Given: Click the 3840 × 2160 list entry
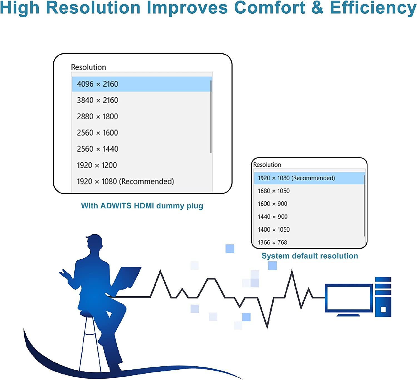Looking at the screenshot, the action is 97,100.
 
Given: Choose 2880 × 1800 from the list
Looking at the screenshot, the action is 97,117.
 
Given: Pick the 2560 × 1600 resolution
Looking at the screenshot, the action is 97,133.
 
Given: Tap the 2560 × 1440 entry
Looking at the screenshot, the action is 97,149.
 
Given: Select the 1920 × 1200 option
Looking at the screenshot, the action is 97,165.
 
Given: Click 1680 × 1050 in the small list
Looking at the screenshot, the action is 274,191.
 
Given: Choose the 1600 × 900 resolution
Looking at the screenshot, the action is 272,204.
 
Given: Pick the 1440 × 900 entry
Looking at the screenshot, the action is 272,217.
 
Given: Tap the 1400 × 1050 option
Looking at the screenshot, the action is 274,230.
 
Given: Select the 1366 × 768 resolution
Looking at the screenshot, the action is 272,243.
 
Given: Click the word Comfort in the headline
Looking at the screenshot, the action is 269,8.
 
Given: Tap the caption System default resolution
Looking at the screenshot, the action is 310,256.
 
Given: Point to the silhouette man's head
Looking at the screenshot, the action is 95,242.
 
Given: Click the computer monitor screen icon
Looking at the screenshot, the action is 349,298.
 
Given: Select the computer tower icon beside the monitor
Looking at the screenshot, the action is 383,297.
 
